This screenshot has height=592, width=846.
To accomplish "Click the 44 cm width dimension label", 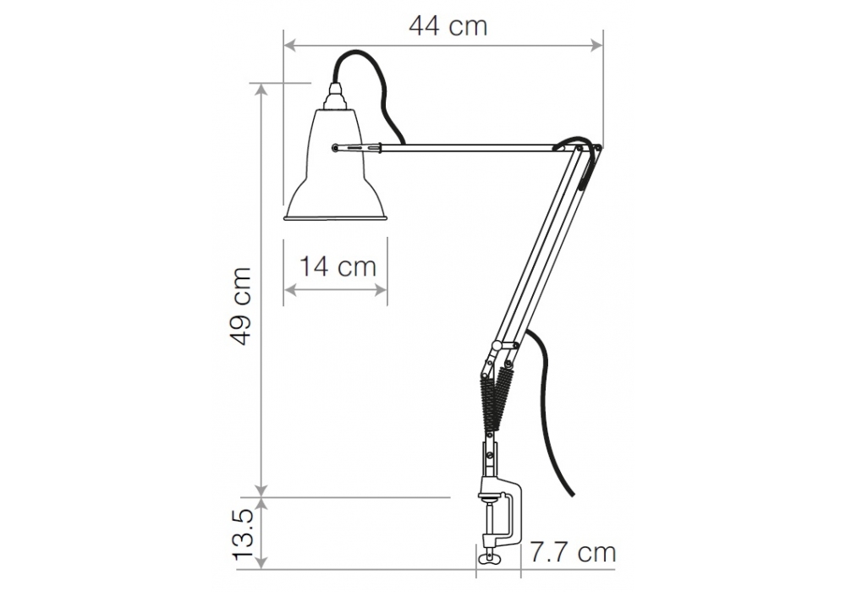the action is coord(448,26).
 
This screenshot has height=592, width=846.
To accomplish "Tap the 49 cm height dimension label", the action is coord(240,305).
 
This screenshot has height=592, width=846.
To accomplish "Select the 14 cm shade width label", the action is coord(338,267).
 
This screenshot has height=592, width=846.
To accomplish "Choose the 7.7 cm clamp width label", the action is coord(573,552).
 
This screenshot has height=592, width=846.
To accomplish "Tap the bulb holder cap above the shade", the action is coord(334,97).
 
